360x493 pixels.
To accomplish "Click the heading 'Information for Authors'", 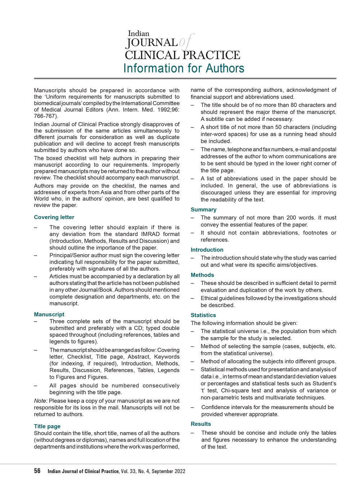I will point(184,68).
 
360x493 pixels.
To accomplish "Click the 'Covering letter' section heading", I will point(54,217).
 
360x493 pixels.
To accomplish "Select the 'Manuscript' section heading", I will point(49,314).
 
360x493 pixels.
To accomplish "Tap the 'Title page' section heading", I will point(47,426).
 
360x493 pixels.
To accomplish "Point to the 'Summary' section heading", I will point(203,210).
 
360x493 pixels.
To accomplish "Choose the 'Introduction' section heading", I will point(207,250).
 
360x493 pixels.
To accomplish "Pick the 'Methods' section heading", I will point(202,275).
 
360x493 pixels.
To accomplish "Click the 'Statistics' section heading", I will point(203,315).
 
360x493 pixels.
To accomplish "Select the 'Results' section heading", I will point(201,424).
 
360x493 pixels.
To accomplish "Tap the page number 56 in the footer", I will point(37,471).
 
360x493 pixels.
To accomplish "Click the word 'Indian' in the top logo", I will point(139,33).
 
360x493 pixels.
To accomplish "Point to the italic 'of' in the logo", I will point(186,42).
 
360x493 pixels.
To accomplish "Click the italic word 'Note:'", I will point(41,401).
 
